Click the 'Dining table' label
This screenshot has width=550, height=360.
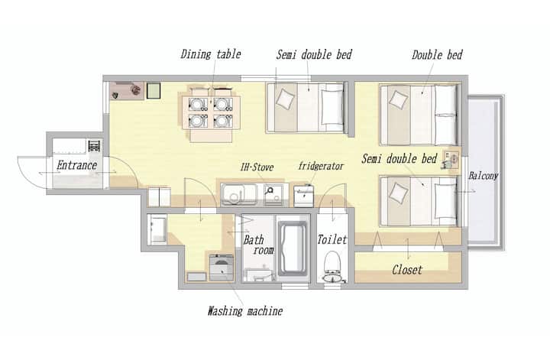pos(211,54)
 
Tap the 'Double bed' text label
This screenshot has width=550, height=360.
pos(437,55)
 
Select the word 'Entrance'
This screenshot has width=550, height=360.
pos(77,165)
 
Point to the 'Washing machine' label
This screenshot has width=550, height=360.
pos(245,311)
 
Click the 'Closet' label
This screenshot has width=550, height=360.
pos(407,270)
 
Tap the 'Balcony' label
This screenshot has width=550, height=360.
pos(484,176)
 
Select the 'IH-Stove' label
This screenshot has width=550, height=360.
pos(257,167)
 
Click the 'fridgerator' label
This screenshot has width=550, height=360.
pos(321,166)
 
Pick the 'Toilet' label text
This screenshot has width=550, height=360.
pos(332,240)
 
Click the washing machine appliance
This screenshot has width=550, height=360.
pos(222,267)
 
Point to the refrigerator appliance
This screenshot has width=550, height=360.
pos(303,196)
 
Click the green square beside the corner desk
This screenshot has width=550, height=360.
pos(154,90)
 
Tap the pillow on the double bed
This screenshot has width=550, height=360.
pos(399,99)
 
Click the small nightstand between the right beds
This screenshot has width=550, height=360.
pos(451,159)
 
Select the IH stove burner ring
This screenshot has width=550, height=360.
pos(270,191)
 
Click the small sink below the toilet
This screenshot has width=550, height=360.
pos(332,278)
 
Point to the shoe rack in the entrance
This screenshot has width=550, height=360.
pos(94,146)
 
